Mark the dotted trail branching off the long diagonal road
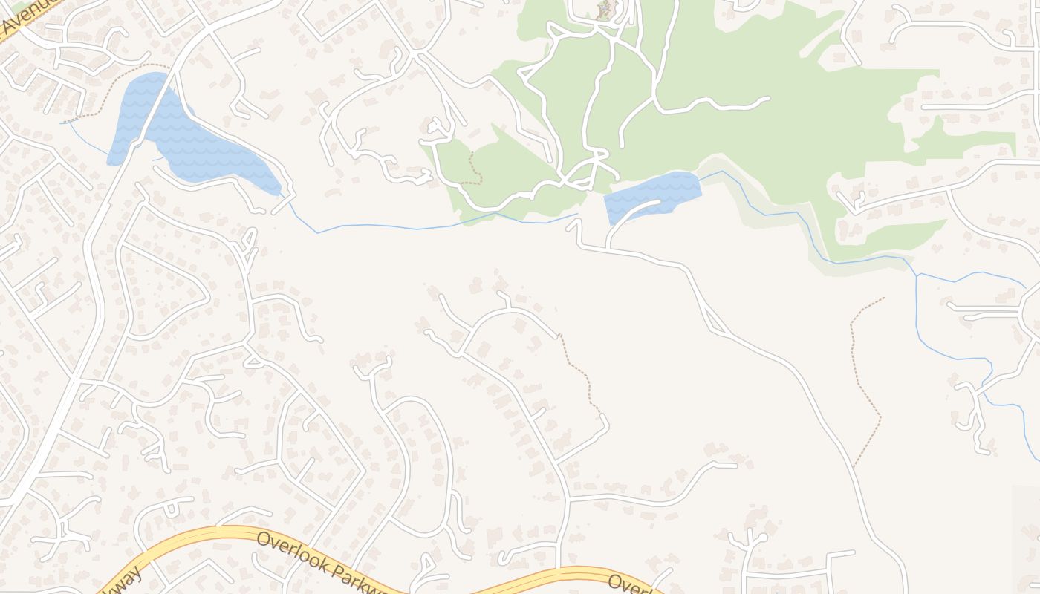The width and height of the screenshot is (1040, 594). [x=862, y=371]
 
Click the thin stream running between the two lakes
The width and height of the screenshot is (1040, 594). [x=416, y=227]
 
